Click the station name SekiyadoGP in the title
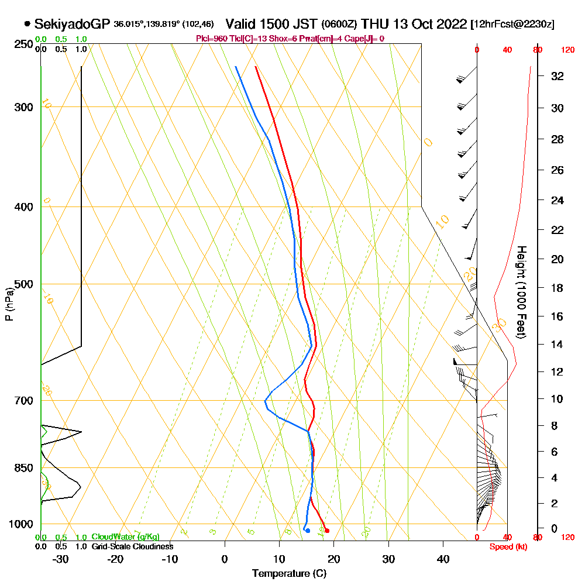(x=72, y=24)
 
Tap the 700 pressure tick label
(x=23, y=401)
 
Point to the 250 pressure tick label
(x=23, y=44)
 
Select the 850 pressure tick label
(x=23, y=468)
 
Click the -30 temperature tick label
(x=61, y=559)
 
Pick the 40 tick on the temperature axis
(x=443, y=559)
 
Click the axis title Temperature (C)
(x=289, y=573)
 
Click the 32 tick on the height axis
(x=557, y=76)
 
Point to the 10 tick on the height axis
(x=557, y=399)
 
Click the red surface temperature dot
(x=327, y=531)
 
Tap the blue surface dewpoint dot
(x=308, y=531)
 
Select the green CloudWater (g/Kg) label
(x=125, y=537)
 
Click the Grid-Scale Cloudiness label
(x=132, y=546)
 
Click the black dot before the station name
(x=27, y=24)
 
